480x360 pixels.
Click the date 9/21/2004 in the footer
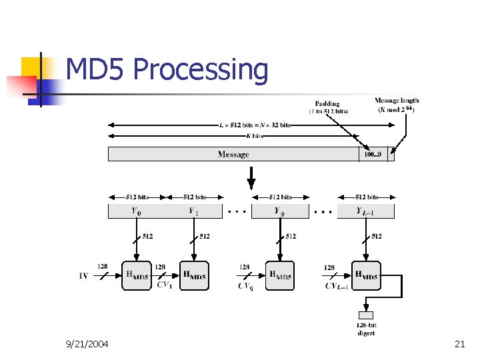tap(87, 344)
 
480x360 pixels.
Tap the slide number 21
tap(459, 344)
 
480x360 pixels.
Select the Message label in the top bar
tap(233, 155)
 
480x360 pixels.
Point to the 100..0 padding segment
tap(373, 155)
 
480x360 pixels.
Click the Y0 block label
tap(136, 211)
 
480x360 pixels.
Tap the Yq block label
tap(280, 211)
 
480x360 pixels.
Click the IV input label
tap(83, 275)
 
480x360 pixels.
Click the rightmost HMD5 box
tap(366, 275)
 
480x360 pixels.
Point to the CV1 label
tap(164, 285)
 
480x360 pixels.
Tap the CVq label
tap(245, 286)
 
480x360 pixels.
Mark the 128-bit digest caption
tap(366, 329)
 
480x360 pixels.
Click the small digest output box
tap(366, 315)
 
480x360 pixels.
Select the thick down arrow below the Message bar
tap(251, 178)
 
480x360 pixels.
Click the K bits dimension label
tap(255, 136)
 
